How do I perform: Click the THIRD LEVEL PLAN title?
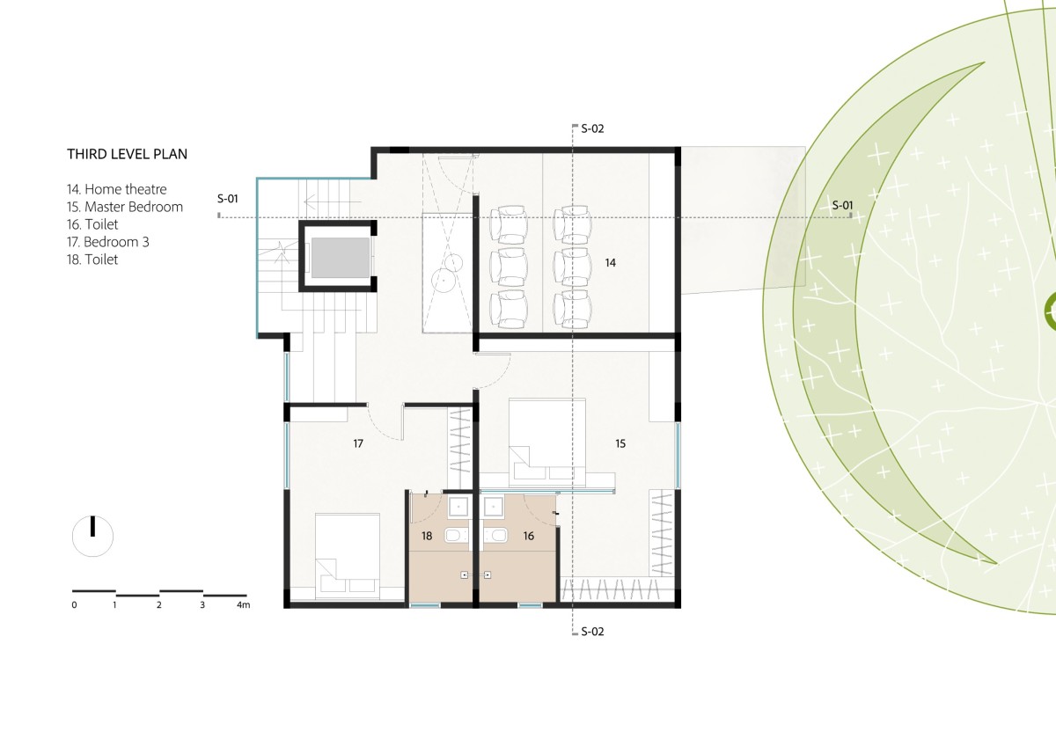pos(127,154)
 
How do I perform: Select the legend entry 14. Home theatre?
pos(116,189)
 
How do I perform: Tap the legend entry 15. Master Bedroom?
pos(124,207)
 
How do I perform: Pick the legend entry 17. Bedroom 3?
pos(107,242)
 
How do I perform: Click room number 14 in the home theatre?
pos(610,263)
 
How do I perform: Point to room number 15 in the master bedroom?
pos(620,443)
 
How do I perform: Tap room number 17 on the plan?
pos(358,443)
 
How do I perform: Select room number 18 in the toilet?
pos(427,536)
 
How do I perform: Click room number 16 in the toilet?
pos(529,536)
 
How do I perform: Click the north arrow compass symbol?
pos(93,536)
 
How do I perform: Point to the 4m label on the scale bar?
pos(243,604)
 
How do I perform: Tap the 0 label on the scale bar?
pos(74,605)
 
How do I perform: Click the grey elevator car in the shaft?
pos(340,257)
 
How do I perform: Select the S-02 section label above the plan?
pos(592,128)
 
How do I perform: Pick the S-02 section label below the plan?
pos(592,632)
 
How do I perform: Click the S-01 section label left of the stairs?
pos(227,199)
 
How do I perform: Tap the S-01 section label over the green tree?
pos(842,206)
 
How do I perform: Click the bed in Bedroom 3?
pos(348,556)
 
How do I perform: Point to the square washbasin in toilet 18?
pos(458,508)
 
